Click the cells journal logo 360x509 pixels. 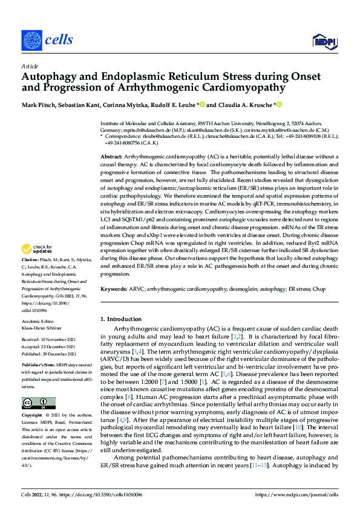(47, 39)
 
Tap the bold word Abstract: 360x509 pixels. (111, 156)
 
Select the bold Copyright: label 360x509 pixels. (33, 417)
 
